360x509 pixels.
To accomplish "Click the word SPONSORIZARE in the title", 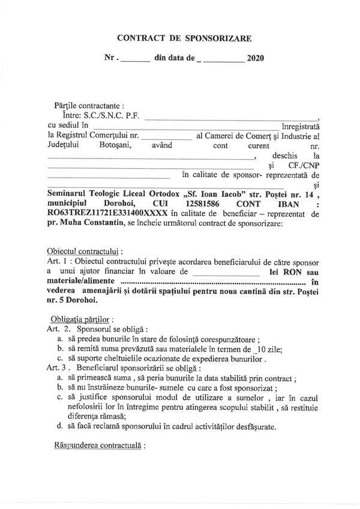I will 215,38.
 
